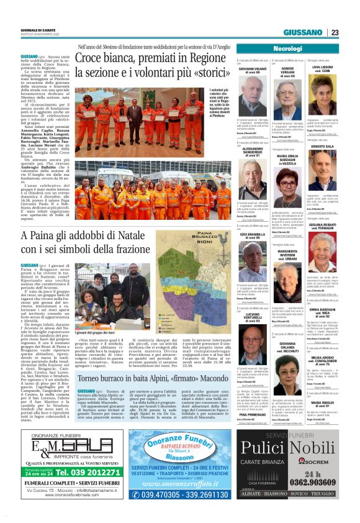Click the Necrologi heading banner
pos(287,48)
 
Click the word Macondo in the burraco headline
pos(202,361)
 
